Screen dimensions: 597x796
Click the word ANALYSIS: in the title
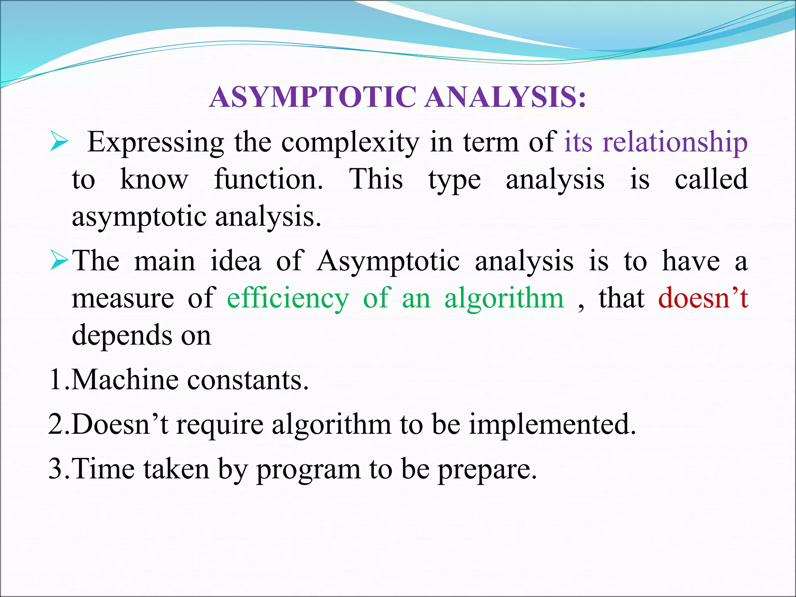click(x=505, y=97)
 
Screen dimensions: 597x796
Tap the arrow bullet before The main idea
click(x=59, y=261)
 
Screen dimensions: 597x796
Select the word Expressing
click(x=155, y=142)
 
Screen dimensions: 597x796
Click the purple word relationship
click(x=675, y=142)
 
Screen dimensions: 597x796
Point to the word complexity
click(x=351, y=142)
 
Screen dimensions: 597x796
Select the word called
click(x=711, y=180)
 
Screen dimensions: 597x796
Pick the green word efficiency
click(x=288, y=298)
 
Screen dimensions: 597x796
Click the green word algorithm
click(x=504, y=298)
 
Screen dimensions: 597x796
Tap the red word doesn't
click(x=703, y=298)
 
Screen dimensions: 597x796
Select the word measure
click(x=123, y=298)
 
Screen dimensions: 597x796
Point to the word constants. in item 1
click(x=248, y=380)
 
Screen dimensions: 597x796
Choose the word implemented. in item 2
click(x=552, y=424)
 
